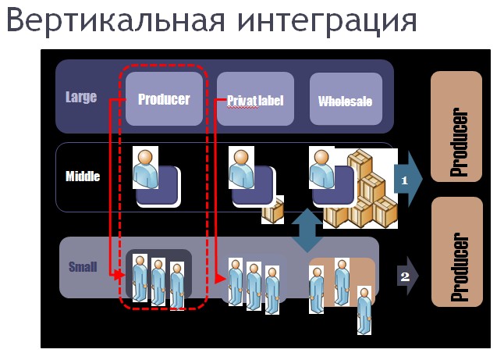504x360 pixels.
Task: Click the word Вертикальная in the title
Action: [x=115, y=20]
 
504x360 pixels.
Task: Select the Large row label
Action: [x=81, y=97]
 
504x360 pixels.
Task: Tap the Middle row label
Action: [x=83, y=176]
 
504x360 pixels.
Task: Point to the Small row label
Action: [x=83, y=267]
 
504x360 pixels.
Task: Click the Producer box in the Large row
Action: [x=165, y=98]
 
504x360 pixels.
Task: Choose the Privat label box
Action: [x=255, y=98]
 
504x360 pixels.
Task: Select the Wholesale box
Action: [x=346, y=98]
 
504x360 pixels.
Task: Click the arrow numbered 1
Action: [x=408, y=179]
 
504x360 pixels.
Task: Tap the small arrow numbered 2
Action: [x=408, y=276]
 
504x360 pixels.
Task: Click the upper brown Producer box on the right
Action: [x=456, y=127]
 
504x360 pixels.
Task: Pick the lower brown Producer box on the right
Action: [x=456, y=252]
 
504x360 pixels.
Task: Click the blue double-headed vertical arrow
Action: [x=307, y=230]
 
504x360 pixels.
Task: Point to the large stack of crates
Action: [x=361, y=188]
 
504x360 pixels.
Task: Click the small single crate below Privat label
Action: [x=273, y=210]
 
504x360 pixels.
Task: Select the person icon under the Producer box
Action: [x=145, y=168]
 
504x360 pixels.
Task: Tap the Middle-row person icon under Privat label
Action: [x=241, y=168]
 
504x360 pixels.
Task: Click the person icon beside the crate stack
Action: [x=321, y=168]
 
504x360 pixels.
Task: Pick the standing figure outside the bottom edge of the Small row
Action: [x=364, y=311]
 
